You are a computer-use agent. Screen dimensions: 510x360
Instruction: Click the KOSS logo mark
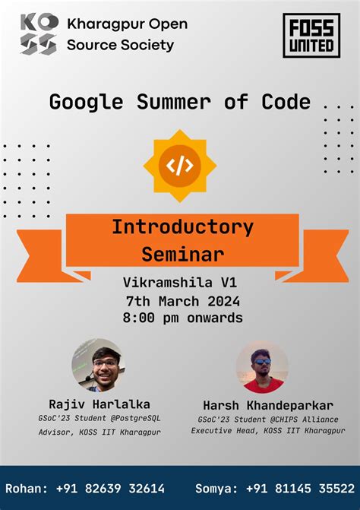pyautogui.click(x=38, y=34)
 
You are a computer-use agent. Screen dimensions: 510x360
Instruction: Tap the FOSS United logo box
pyautogui.click(x=311, y=36)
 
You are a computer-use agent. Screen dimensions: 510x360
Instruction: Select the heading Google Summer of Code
pyautogui.click(x=180, y=102)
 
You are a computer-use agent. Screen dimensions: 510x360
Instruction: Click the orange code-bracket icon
pyautogui.click(x=179, y=166)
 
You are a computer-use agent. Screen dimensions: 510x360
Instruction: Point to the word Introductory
pyautogui.click(x=182, y=227)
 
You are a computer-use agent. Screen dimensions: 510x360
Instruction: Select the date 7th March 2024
pyautogui.click(x=182, y=300)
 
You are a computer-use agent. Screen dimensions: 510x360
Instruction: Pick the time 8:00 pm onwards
pyautogui.click(x=182, y=318)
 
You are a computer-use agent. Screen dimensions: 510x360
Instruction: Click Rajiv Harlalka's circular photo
pyautogui.click(x=98, y=366)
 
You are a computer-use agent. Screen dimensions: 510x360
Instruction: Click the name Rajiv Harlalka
pyautogui.click(x=99, y=404)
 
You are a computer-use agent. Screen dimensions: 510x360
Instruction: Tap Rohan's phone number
pyautogui.click(x=110, y=488)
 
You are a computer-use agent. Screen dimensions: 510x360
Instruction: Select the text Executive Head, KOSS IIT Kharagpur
pyautogui.click(x=268, y=431)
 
